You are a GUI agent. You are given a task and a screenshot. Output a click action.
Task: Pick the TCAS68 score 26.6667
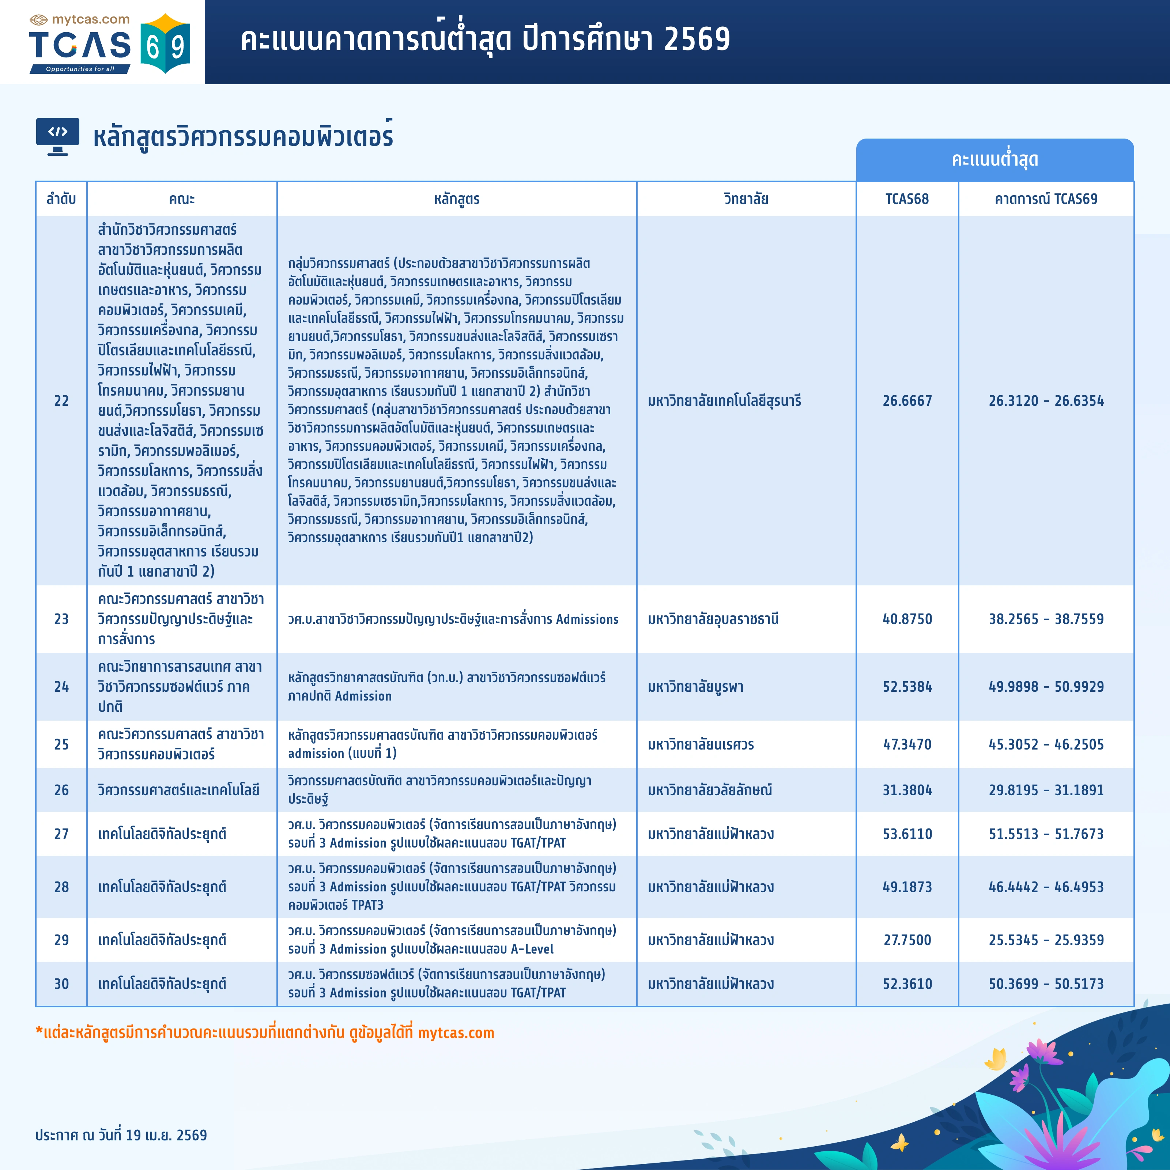tap(907, 401)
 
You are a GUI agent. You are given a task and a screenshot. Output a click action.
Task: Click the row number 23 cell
tap(61, 619)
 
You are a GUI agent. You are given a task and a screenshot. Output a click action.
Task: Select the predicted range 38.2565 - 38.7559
tap(1046, 619)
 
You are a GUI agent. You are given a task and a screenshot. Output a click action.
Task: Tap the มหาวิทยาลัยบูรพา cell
tap(695, 687)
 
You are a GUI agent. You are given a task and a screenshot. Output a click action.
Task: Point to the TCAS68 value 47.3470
tap(907, 744)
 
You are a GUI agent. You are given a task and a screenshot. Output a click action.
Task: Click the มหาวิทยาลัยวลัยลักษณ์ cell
tap(710, 790)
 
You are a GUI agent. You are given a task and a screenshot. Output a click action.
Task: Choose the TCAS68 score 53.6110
tap(907, 834)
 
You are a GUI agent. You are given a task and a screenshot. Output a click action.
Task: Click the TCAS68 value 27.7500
tap(907, 940)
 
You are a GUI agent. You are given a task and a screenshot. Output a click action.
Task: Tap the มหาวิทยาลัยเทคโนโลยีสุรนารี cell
tap(724, 401)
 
